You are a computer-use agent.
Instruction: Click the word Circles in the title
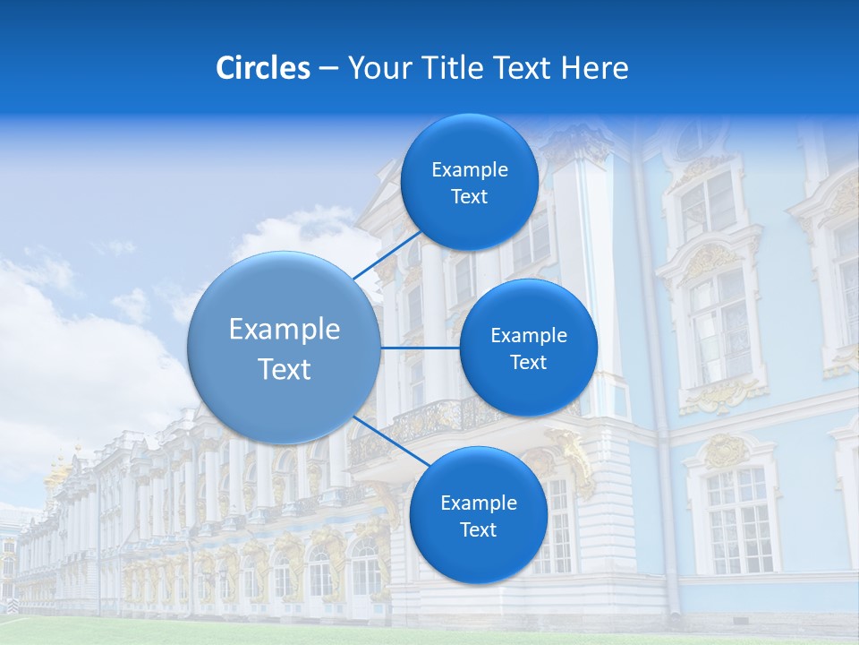263,68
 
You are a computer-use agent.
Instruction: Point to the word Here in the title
594,68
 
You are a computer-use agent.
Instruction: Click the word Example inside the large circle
285,330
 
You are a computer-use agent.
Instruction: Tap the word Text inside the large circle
285,369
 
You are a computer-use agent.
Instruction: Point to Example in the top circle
470,170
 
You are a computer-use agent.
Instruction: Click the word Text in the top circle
469,197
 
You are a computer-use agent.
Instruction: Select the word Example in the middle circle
529,336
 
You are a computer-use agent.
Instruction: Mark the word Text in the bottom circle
478,530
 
